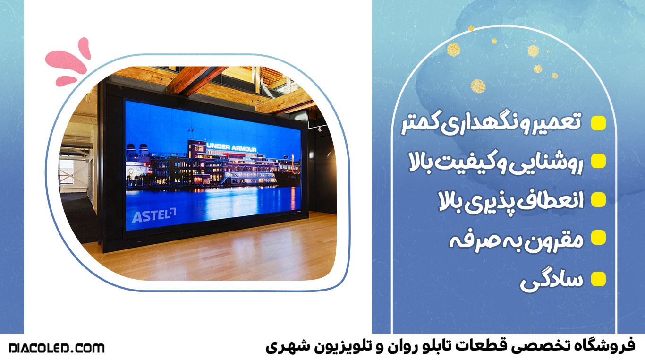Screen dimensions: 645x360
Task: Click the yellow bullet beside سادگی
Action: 598,279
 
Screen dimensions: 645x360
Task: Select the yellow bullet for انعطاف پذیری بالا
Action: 598,199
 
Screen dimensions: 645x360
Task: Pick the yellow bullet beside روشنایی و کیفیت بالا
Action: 598,161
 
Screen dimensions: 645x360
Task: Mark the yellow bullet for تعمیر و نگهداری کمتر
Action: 598,123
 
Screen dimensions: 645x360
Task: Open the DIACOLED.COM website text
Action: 57,348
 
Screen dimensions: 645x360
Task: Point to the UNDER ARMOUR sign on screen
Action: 231,147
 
